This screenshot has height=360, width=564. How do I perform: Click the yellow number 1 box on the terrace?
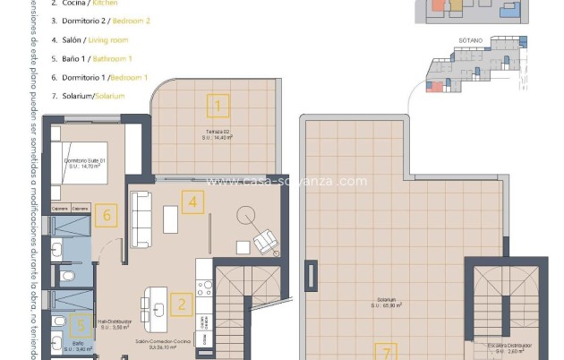pyautogui.click(x=216, y=107)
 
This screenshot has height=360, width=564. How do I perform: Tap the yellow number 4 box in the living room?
pyautogui.click(x=190, y=201)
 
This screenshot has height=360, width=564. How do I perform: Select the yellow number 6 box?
pyautogui.click(x=107, y=215)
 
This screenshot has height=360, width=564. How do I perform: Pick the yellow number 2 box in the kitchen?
pyautogui.click(x=182, y=304)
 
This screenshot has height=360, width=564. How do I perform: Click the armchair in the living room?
pyautogui.click(x=266, y=241)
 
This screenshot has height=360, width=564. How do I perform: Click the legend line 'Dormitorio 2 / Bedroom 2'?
pyautogui.click(x=100, y=21)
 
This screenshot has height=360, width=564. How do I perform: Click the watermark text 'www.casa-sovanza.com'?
pyautogui.click(x=286, y=182)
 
